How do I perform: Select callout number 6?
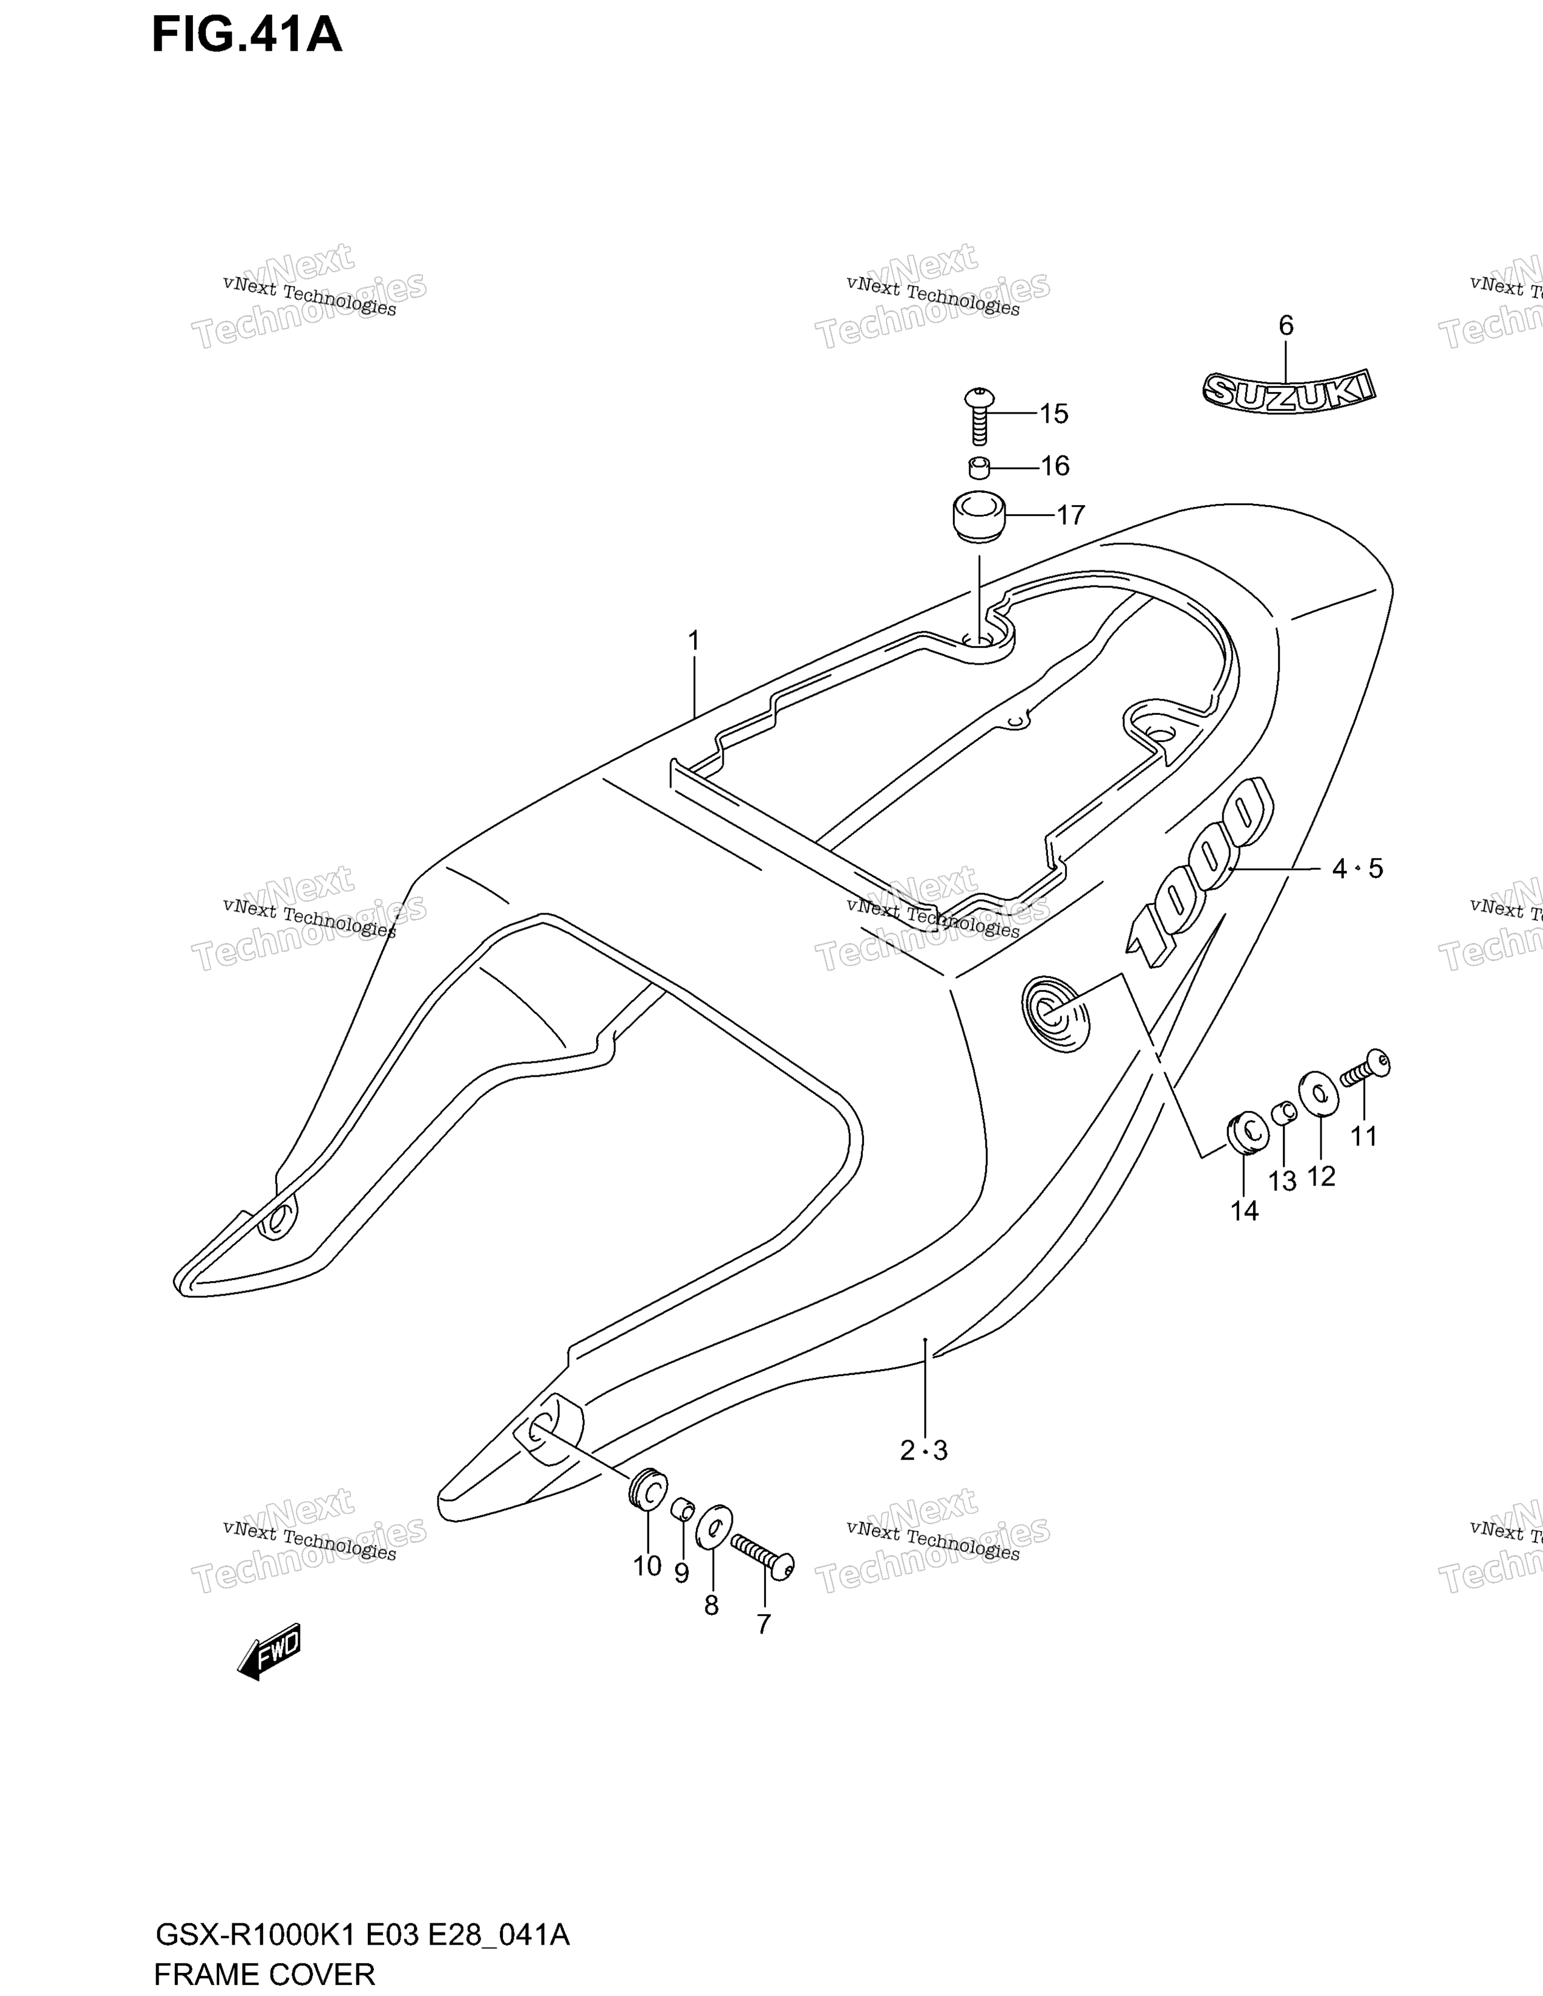(1286, 325)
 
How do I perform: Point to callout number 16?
(1055, 466)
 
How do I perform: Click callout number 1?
(694, 641)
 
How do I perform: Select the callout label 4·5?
(1357, 868)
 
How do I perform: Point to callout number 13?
(1282, 1182)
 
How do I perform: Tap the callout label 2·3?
(924, 1450)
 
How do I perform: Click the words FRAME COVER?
(265, 1974)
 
